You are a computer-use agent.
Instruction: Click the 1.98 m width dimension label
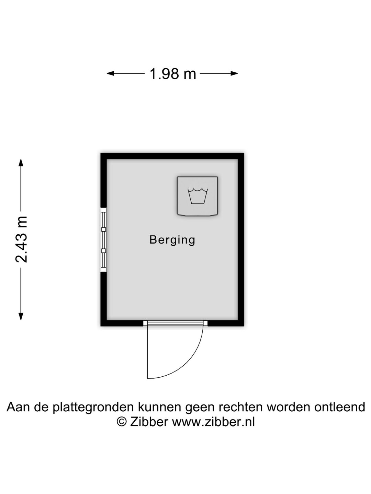(173, 74)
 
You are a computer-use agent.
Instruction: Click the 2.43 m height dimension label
(21, 239)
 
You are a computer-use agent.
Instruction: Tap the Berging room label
(172, 240)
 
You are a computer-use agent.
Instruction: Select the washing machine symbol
(197, 196)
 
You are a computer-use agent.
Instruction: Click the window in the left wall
(103, 240)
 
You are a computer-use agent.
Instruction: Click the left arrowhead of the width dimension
(110, 73)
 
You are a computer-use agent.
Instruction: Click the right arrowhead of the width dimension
(234, 73)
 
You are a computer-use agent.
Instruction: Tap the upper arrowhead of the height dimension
(21, 163)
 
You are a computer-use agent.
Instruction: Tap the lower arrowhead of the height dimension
(21, 316)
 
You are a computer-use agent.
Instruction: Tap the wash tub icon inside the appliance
(198, 196)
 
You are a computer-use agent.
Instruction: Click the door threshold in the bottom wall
(175, 323)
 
